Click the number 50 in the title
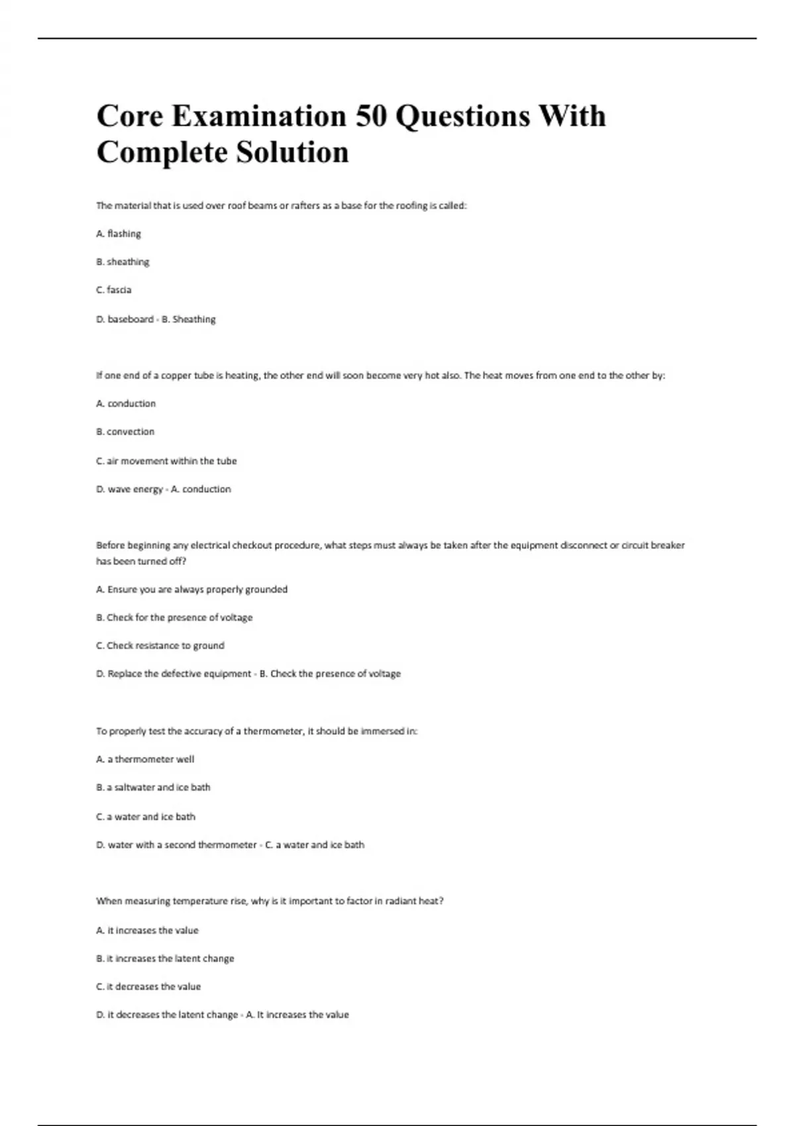[x=371, y=116]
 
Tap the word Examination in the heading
[x=259, y=116]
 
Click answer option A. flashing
[x=119, y=234]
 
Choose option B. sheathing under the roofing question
[x=123, y=262]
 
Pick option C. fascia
[x=114, y=290]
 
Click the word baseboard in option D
[x=131, y=319]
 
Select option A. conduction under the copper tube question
[x=126, y=403]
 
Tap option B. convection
[x=125, y=432]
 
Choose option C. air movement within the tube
[x=166, y=461]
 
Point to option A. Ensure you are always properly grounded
[x=191, y=589]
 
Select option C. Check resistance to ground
[x=160, y=646]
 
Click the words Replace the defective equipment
[x=180, y=674]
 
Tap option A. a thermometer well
[x=145, y=760]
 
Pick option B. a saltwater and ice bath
[x=153, y=788]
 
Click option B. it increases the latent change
[x=165, y=958]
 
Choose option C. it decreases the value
[x=148, y=987]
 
